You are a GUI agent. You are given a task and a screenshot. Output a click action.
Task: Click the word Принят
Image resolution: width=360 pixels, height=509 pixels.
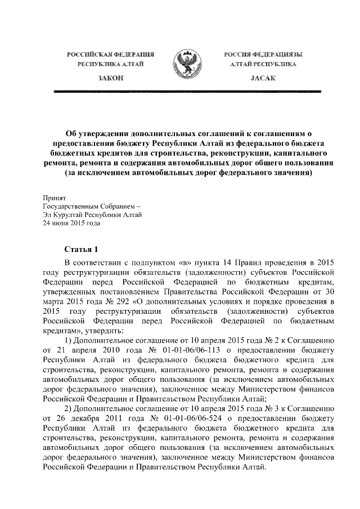(55, 198)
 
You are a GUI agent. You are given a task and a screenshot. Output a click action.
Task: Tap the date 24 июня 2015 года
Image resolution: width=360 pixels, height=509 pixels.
(72, 223)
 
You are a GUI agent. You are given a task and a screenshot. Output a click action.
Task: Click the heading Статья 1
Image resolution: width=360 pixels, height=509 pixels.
(82, 249)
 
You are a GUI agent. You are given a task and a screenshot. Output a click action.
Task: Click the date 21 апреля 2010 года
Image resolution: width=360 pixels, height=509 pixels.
(92, 350)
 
